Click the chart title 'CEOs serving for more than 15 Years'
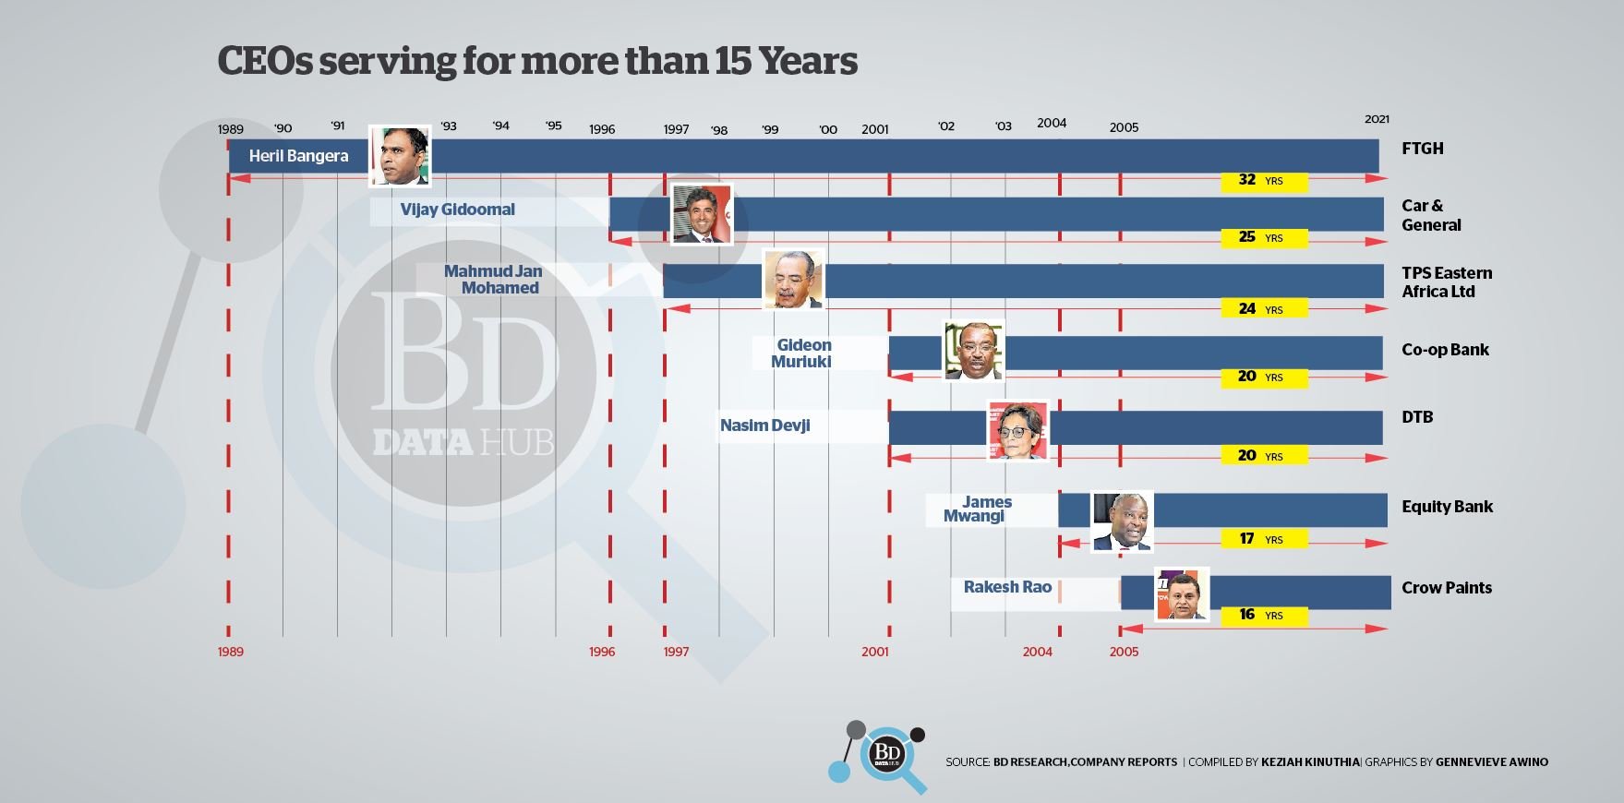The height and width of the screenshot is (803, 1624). pos(537,61)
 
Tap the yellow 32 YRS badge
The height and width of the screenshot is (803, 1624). pos(1263,180)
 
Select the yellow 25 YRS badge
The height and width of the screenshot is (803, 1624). pos(1263,237)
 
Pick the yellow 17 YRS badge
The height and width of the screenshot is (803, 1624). pos(1263,539)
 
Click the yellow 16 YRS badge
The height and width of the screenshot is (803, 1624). pos(1263,615)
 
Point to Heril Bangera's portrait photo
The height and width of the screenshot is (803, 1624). pos(400,156)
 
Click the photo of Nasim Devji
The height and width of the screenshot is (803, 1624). pos(1017,431)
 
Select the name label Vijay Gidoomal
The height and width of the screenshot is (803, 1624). pos(458,210)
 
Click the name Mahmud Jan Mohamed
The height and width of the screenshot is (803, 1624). pos(495,280)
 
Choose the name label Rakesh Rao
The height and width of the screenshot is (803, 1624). pos(1007,587)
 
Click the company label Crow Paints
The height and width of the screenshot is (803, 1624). pos(1446,588)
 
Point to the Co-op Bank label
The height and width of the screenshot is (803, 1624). pos(1445,350)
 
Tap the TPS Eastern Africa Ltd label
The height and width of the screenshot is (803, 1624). pos(1446,282)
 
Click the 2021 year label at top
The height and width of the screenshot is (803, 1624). pos(1377,119)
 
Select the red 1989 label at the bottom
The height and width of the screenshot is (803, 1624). pos(231,652)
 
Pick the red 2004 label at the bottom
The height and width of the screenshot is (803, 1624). pos(1037,652)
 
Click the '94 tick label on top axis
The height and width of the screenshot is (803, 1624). pos(500,126)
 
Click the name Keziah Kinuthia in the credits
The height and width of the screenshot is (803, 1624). pos(1310,762)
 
